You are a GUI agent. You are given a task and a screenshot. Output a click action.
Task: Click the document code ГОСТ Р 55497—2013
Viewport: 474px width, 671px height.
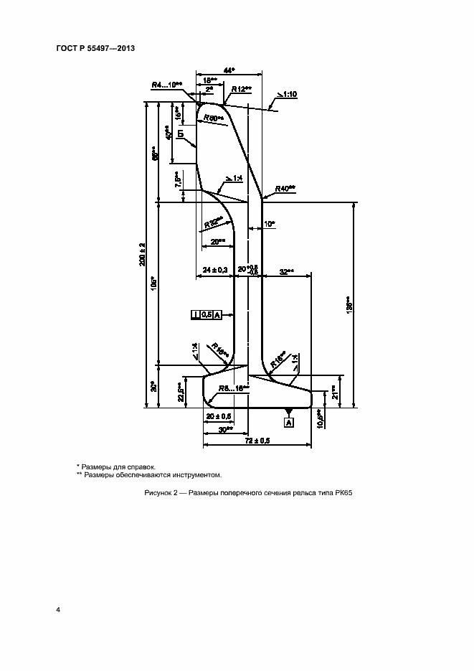point(95,49)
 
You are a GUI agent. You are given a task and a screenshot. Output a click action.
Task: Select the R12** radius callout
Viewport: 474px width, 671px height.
point(239,88)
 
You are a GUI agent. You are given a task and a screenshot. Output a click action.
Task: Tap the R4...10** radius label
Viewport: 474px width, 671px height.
point(167,85)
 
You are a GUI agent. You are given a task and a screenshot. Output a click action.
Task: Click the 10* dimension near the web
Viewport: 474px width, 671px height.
point(269,224)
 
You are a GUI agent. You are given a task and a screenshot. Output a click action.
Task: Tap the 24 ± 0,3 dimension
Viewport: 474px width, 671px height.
point(215,269)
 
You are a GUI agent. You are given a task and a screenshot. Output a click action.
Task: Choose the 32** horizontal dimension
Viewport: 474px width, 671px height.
point(285,271)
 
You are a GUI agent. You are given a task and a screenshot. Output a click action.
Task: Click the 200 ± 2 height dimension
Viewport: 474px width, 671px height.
point(144,255)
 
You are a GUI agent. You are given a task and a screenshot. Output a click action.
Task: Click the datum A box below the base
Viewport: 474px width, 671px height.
point(289,423)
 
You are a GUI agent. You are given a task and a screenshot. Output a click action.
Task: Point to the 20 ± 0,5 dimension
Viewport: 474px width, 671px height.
point(218,416)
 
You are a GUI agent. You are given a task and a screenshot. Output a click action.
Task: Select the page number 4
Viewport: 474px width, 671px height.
point(57,609)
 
